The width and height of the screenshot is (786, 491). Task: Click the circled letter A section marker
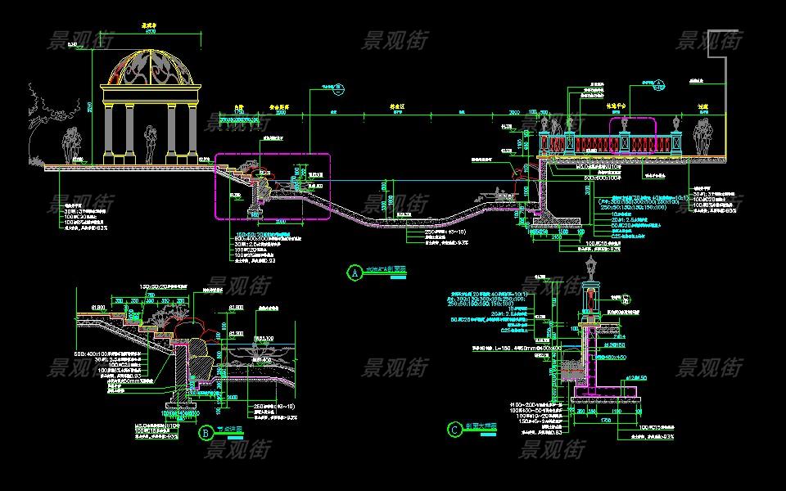pos(355,272)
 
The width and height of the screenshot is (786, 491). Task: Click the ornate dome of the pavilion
pos(149,69)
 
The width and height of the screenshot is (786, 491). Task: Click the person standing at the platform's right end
pos(702,135)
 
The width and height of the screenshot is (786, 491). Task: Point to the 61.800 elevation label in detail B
pos(99,307)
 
